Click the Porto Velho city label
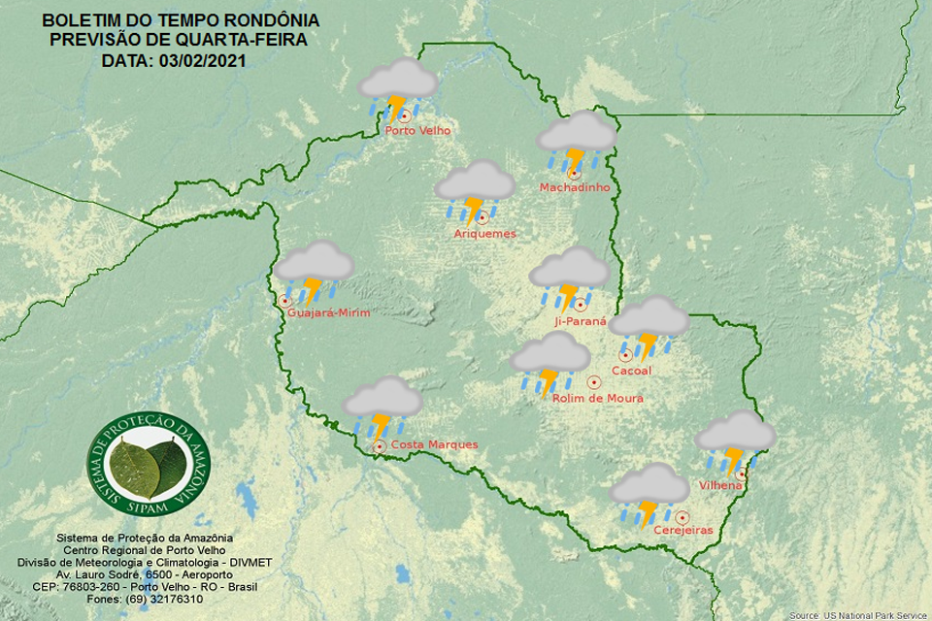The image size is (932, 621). (x=417, y=131)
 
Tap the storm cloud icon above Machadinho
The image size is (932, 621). (x=577, y=142)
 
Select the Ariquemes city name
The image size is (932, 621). (x=484, y=234)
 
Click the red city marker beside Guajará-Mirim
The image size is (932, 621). (x=284, y=301)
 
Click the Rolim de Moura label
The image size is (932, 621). (x=597, y=398)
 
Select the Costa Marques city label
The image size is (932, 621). (x=433, y=444)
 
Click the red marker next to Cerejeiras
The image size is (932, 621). (x=682, y=517)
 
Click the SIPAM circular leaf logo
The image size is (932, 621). (x=149, y=463)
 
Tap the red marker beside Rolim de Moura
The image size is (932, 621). (x=593, y=381)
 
